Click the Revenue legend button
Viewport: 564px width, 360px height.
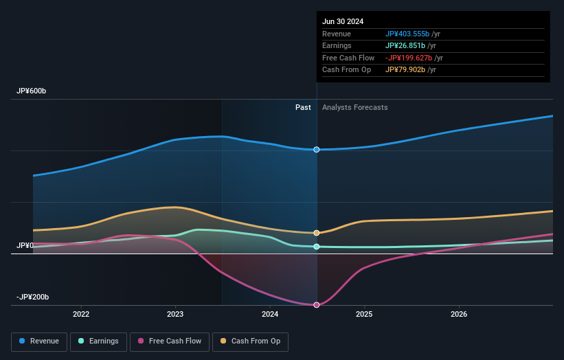click(40, 341)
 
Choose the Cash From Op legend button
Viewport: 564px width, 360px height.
click(251, 341)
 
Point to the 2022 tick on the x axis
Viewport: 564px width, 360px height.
click(81, 315)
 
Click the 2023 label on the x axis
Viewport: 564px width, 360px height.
click(175, 315)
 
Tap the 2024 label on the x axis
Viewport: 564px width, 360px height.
click(270, 315)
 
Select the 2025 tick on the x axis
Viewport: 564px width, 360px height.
click(364, 315)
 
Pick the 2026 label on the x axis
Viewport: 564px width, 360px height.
click(459, 315)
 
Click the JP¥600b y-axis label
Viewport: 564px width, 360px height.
click(32, 91)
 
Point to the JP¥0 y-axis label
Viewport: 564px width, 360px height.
click(25, 245)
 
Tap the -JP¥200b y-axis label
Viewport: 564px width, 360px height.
click(33, 297)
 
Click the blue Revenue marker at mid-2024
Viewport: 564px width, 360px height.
click(317, 149)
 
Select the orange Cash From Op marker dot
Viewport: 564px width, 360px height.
click(317, 233)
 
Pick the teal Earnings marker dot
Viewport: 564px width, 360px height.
click(317, 247)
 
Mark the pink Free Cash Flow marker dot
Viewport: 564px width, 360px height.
click(317, 305)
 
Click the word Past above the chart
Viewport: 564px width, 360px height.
click(303, 108)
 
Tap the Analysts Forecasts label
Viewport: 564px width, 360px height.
click(354, 108)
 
